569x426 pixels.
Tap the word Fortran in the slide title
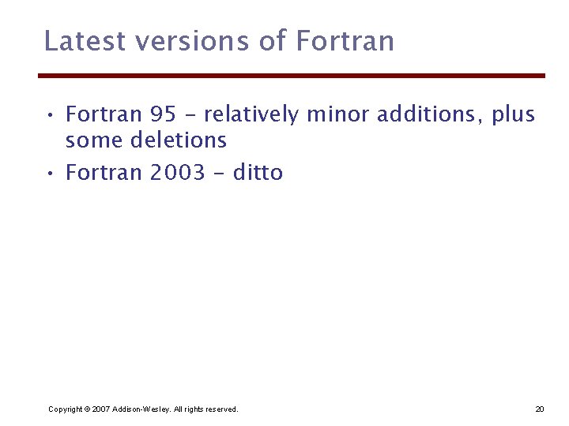coord(345,40)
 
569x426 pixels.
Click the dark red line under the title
coord(292,76)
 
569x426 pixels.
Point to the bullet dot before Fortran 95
coord(50,116)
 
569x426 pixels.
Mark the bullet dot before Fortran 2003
coord(50,173)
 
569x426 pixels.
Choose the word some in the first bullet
coord(90,141)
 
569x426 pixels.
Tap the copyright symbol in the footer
coord(87,409)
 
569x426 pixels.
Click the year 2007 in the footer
coord(100,409)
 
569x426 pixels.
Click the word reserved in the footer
coord(220,409)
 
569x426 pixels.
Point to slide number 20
coord(540,409)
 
